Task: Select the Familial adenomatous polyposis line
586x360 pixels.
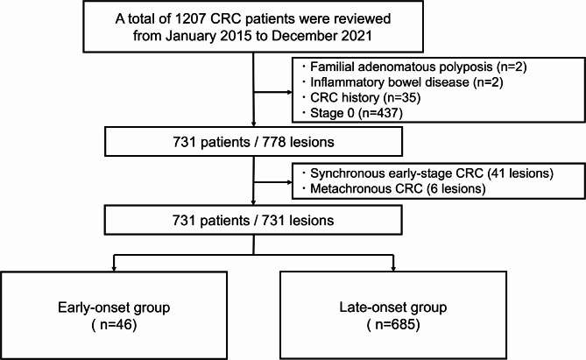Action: [x=418, y=67]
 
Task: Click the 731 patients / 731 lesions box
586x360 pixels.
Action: [x=253, y=220]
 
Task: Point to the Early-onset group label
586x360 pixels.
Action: [x=114, y=307]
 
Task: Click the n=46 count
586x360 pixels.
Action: [x=114, y=324]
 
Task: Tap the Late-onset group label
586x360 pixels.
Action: [x=393, y=307]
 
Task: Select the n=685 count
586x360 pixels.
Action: [x=393, y=324]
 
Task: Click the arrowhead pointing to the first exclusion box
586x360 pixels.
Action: [x=290, y=92]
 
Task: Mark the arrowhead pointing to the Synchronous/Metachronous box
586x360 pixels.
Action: [x=290, y=182]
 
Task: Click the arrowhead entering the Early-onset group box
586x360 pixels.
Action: [x=114, y=268]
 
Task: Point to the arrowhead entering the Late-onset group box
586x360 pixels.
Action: [x=393, y=268]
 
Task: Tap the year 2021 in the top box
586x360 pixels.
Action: [x=356, y=36]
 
